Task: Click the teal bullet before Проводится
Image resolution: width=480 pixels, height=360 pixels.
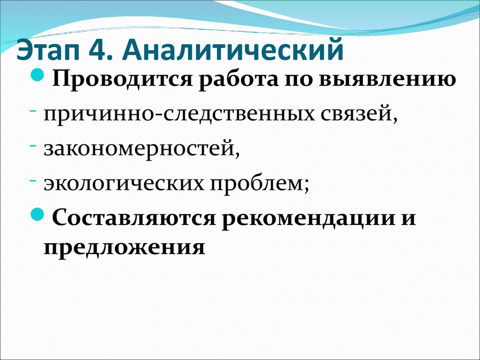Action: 38,75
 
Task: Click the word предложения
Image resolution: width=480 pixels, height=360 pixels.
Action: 124,247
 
